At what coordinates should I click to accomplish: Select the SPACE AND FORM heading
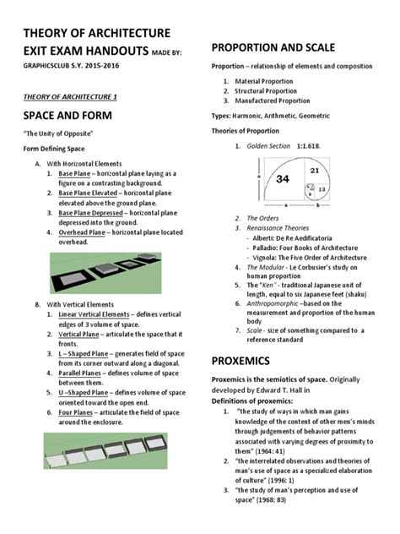click(x=66, y=113)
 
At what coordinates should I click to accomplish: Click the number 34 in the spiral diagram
click(x=283, y=178)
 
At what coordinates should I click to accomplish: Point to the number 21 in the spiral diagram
click(x=314, y=172)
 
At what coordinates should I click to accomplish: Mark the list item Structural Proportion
click(x=269, y=91)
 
